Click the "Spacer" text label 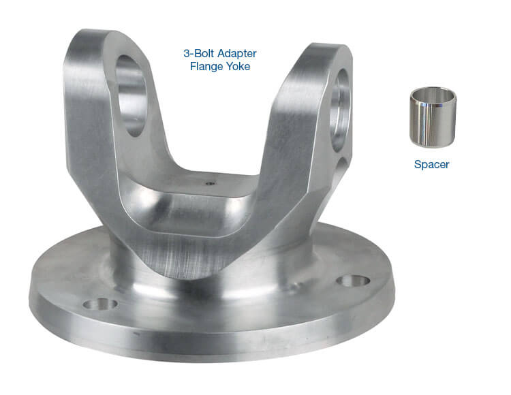(x=431, y=164)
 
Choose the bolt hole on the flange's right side (x=353, y=280)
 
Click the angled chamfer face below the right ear (x=300, y=204)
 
